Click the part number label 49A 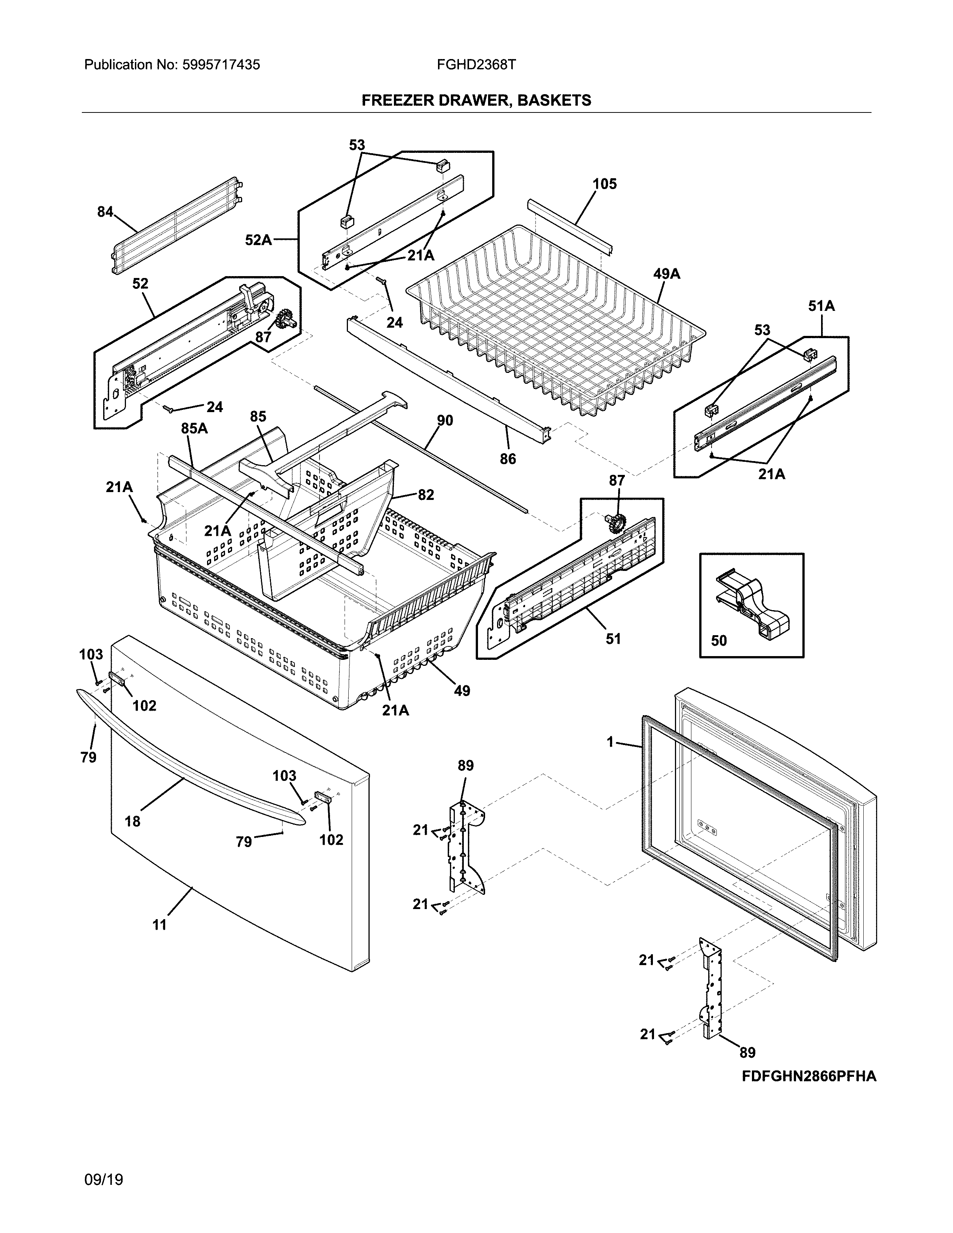click(666, 274)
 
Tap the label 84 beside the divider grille click(105, 212)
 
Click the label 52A click(258, 241)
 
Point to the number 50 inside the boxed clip click(719, 641)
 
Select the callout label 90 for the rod click(445, 421)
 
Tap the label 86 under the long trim click(508, 459)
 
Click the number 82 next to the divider click(426, 495)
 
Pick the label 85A click(194, 429)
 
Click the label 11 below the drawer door click(160, 925)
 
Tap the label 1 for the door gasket click(610, 742)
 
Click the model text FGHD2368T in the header click(476, 65)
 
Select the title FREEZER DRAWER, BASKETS click(476, 101)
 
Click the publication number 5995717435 click(221, 65)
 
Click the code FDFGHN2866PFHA click(808, 1076)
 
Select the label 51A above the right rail click(821, 306)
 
